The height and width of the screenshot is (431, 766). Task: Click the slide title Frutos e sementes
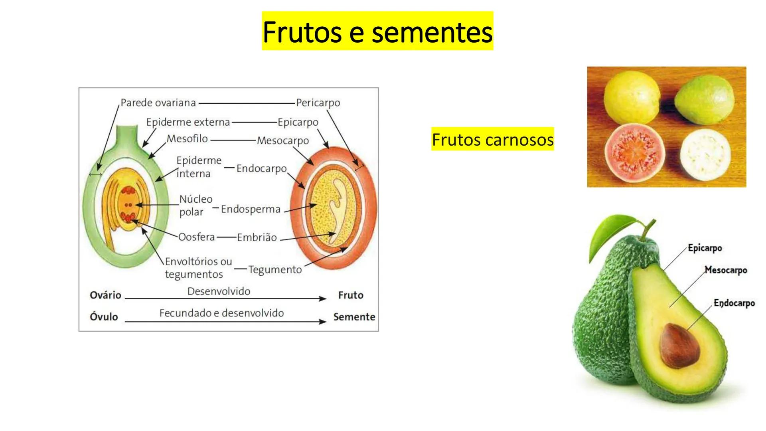coord(377,31)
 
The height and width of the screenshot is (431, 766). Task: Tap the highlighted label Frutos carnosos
coord(493,139)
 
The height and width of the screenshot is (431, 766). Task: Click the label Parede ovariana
coord(158,103)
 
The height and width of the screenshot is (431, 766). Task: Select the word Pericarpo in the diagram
coord(318,103)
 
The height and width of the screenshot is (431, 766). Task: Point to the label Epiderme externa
coord(188,122)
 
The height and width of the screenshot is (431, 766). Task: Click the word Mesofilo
coord(187,138)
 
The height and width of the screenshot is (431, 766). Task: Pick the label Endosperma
coord(251,209)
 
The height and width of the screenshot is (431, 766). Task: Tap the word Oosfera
coord(196,237)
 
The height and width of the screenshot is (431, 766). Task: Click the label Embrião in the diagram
coord(257,237)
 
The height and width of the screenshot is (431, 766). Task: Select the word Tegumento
coord(275,270)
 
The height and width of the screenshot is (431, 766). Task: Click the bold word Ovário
coord(105,295)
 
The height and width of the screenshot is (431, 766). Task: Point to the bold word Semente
coord(354,317)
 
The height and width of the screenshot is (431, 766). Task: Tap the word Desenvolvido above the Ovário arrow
coord(219,291)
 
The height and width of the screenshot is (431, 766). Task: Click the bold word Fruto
coord(351,295)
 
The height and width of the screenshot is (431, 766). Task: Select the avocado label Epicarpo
coord(705,248)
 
